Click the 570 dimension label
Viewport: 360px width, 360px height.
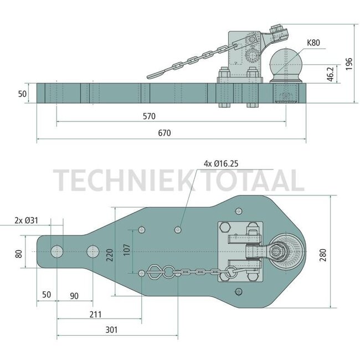tap(148, 116)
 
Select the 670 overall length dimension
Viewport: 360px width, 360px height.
tap(163, 133)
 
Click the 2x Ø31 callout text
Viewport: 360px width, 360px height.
tap(25, 220)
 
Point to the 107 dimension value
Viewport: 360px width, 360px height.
tap(127, 250)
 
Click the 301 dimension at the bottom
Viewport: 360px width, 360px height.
tap(111, 330)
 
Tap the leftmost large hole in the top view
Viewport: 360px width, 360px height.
tap(56, 252)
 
